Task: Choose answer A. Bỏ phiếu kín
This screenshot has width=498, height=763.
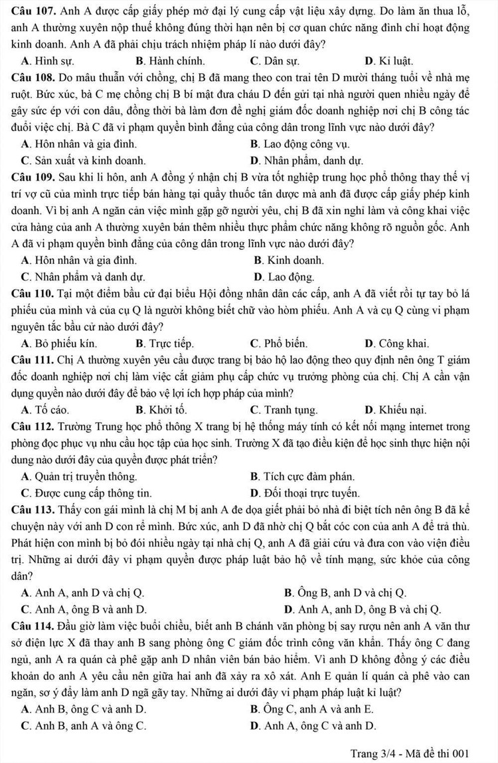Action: [59, 344]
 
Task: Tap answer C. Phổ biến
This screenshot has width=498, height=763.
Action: [279, 344]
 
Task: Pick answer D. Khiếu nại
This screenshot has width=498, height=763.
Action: [396, 409]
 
